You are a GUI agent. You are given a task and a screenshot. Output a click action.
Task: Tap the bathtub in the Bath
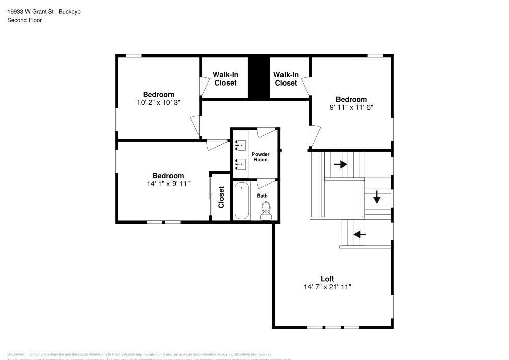242,201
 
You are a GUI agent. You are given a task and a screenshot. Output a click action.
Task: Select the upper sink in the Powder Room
241,145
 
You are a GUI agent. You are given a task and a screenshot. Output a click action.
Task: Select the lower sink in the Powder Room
241,164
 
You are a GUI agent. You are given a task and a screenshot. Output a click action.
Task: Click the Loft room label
327,279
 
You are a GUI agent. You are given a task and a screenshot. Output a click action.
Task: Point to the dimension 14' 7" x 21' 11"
327,287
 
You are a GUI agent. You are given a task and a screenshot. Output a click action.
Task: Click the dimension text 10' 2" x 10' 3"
158,102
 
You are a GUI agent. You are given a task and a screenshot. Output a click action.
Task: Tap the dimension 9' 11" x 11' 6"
351,107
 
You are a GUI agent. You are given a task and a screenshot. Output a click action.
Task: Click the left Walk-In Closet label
225,78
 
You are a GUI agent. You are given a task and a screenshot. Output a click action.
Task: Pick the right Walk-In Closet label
286,78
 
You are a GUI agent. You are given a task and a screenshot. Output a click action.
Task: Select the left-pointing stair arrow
360,234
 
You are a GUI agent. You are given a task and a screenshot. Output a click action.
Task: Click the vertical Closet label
221,197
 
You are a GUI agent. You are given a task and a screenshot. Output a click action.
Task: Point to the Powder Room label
261,157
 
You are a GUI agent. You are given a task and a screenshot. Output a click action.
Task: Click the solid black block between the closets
258,77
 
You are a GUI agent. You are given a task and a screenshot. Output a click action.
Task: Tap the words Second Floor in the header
24,20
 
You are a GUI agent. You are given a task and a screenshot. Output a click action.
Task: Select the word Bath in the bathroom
262,196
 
